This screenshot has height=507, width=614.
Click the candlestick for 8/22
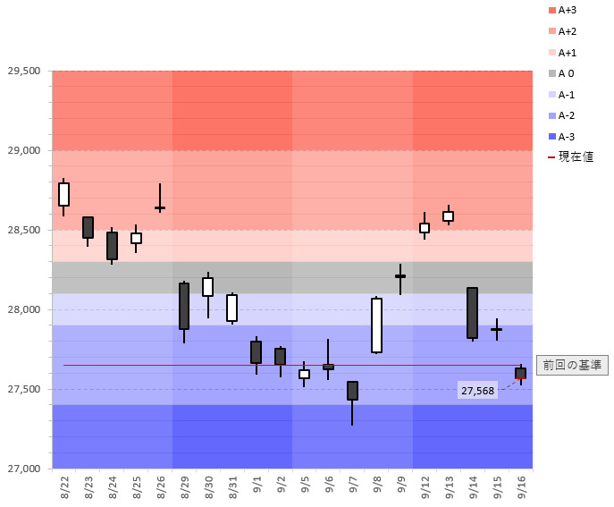tap(63, 194)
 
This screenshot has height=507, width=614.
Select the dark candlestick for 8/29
tap(183, 306)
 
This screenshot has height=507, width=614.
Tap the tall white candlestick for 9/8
tap(376, 325)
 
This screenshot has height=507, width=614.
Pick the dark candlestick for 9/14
tap(472, 313)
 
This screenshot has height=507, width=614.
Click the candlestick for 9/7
tap(352, 391)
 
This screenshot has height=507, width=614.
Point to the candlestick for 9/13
tap(448, 215)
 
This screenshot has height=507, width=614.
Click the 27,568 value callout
tap(477, 391)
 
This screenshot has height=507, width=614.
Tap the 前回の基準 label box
tap(573, 365)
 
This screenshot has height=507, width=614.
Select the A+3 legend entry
tap(568, 10)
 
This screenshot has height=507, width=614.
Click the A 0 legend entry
tap(567, 73)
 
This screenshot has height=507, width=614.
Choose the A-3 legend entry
tap(567, 137)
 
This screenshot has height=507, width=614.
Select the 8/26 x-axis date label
tap(162, 488)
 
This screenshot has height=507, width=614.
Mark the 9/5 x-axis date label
tap(306, 488)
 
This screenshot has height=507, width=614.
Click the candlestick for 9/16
tap(520, 373)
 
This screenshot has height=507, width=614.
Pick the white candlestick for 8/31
tap(231, 308)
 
